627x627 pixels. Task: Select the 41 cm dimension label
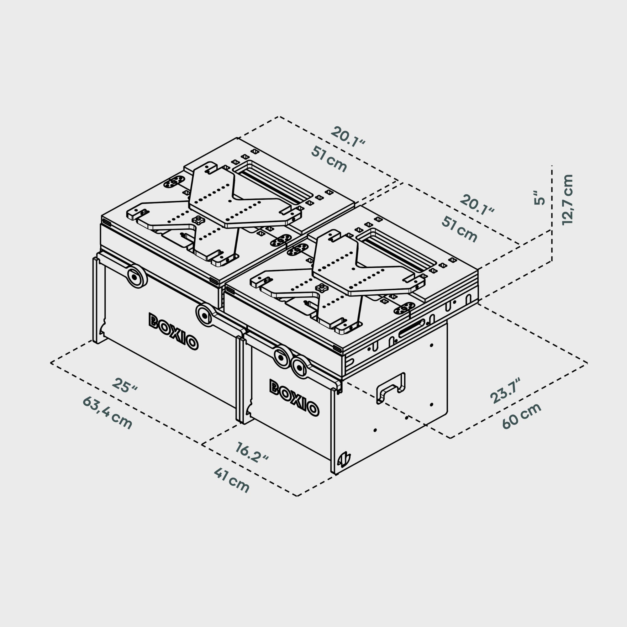point(232,480)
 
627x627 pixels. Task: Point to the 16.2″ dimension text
point(252,452)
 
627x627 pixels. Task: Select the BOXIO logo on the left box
point(173,331)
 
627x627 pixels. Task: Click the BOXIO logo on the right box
point(294,398)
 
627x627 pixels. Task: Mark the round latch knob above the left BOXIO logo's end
point(205,314)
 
